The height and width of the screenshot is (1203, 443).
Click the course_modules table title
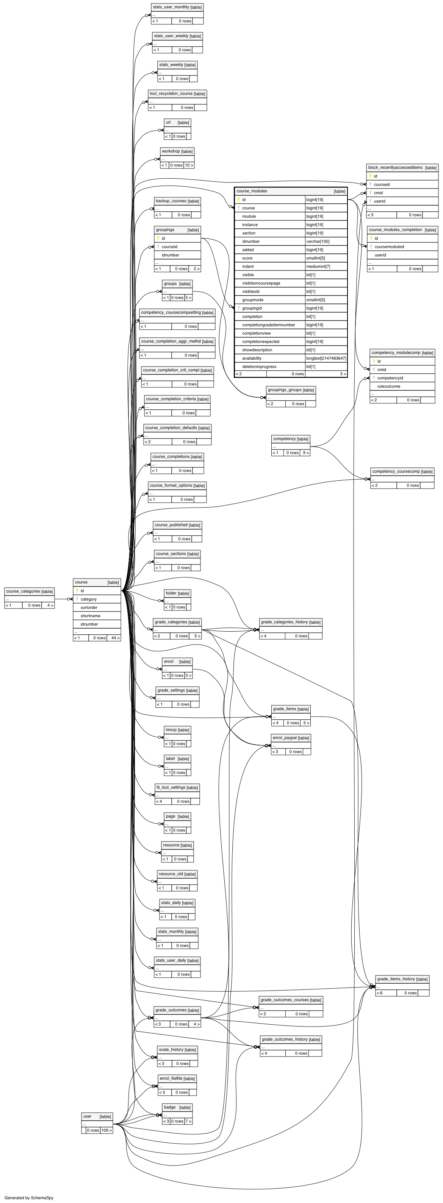(252, 191)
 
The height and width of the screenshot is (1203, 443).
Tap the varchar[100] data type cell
(318, 241)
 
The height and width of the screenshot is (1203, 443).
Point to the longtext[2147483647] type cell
(326, 358)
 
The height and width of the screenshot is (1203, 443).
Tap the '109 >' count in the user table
(107, 1130)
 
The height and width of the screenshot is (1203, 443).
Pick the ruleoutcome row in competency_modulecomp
(389, 387)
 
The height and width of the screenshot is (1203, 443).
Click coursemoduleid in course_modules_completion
(389, 247)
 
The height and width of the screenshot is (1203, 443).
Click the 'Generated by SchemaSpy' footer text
(29, 1197)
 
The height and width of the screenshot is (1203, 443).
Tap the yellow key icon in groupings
(158, 238)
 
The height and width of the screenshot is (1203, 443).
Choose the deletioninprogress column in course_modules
(259, 366)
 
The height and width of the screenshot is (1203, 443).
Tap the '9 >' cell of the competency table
(305, 453)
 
